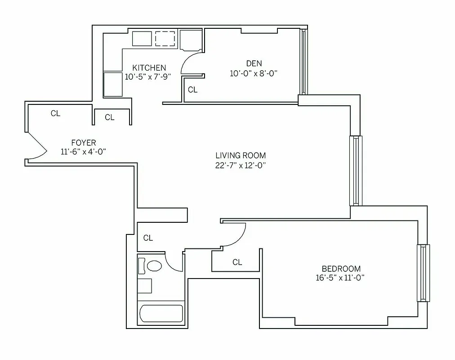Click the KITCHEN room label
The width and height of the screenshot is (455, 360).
coord(149,67)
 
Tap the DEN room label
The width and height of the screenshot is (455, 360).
coord(254,63)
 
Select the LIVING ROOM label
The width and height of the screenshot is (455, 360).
coord(240,156)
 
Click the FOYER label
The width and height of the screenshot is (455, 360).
coord(83,143)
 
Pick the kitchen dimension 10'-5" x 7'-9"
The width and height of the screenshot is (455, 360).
coord(148,77)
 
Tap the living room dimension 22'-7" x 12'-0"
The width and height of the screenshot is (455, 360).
coord(240,165)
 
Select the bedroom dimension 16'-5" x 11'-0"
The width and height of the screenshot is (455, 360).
coord(339,278)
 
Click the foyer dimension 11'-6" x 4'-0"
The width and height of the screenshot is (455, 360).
coord(83,152)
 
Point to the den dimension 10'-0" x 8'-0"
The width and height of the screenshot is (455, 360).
coord(254,73)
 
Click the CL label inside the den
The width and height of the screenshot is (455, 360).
coord(192,90)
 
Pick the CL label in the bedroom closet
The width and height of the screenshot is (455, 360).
coord(237,262)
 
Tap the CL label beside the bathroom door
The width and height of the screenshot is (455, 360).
coord(148,238)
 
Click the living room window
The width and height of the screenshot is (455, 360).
coord(355,171)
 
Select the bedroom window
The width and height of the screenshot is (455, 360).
coord(423,273)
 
